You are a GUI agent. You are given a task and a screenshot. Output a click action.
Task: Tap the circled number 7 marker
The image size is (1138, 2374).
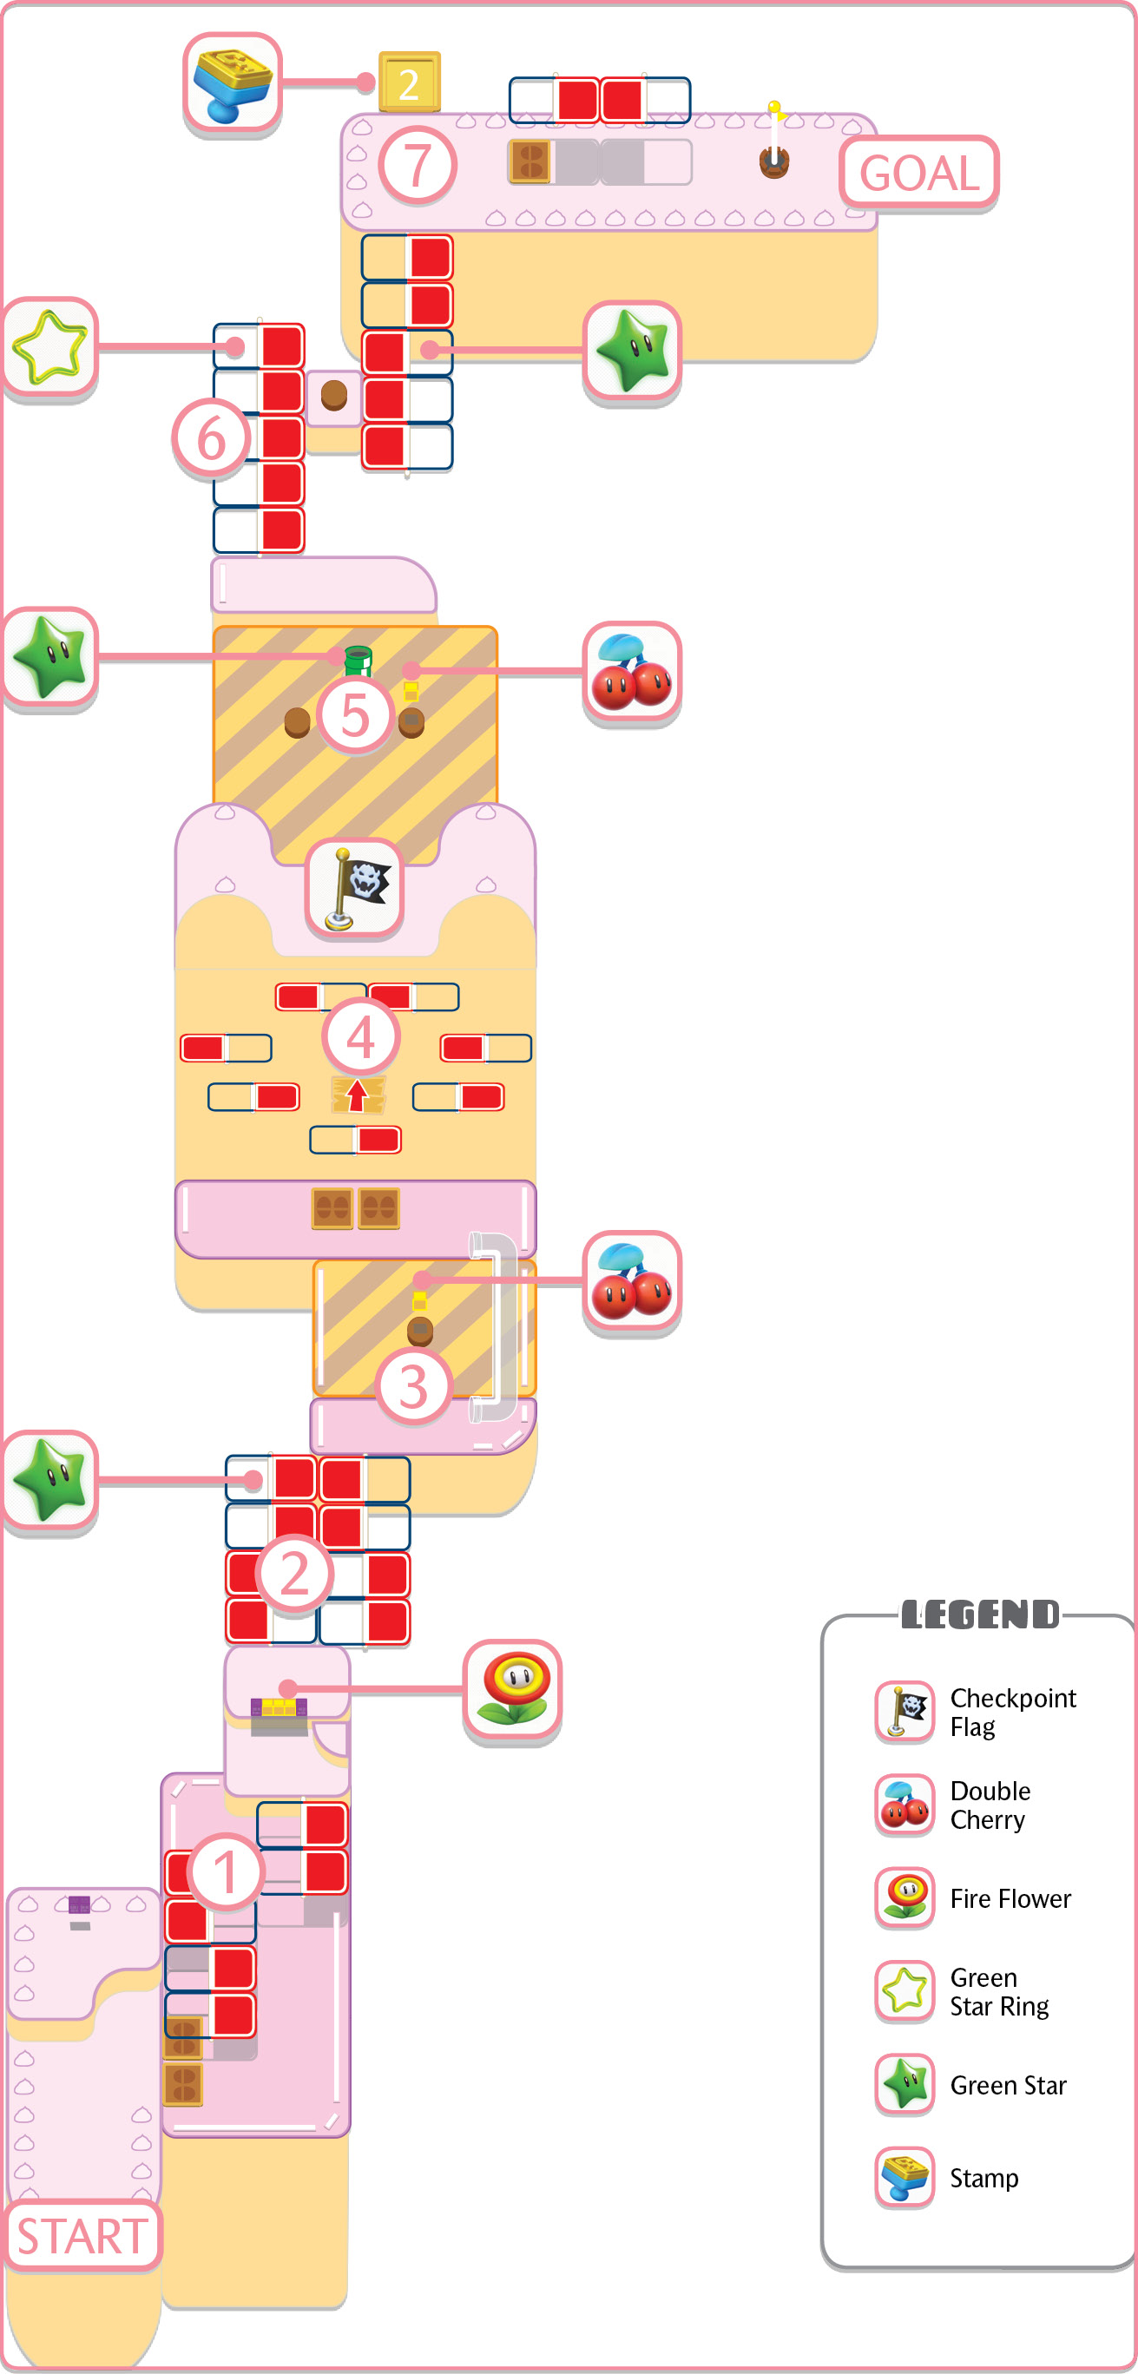coord(418,166)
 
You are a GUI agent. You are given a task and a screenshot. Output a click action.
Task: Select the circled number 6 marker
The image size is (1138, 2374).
coord(211,438)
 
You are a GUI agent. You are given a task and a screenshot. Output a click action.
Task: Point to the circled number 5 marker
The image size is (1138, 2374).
coord(355,716)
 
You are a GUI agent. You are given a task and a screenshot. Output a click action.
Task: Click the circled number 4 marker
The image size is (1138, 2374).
coord(360,1036)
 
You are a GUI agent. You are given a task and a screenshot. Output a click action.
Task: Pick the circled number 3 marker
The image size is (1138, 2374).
coord(414,1387)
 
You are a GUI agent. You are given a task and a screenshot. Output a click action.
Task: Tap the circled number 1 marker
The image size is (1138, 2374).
coord(226,1871)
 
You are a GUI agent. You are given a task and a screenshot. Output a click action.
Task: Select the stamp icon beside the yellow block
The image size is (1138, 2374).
coord(233,84)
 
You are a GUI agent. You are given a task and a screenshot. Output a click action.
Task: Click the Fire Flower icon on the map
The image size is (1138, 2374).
coord(512,1691)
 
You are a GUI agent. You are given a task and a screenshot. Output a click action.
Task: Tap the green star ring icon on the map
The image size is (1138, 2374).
coord(49,347)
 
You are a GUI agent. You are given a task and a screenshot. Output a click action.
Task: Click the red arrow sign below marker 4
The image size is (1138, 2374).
coord(358,1095)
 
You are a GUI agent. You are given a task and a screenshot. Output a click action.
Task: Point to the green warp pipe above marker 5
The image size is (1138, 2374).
coord(358,660)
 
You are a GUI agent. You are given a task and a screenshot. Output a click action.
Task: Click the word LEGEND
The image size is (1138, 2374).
coord(979,1614)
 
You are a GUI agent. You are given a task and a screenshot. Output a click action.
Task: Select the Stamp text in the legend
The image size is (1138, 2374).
coord(984,2179)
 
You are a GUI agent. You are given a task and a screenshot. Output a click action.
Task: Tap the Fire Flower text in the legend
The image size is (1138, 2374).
coord(1010,1898)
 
